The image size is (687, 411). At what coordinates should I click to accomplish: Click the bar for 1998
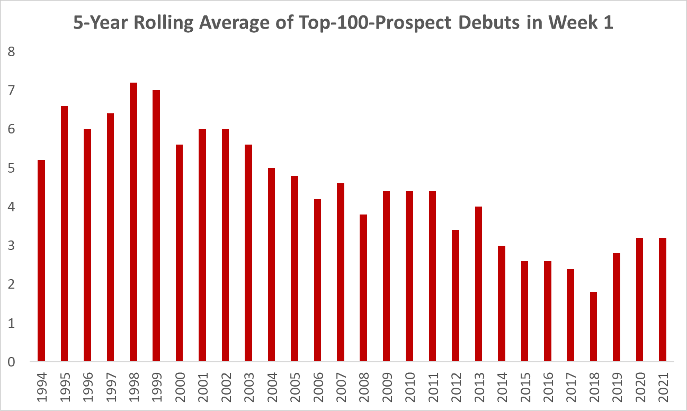[133, 222]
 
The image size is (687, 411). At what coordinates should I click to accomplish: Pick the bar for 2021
[662, 300]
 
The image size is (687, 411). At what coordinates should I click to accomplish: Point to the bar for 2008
[363, 288]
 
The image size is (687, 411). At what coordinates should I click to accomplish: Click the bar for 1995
[65, 234]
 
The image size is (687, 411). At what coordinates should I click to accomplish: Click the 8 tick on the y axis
[11, 52]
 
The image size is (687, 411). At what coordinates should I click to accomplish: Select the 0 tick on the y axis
[11, 362]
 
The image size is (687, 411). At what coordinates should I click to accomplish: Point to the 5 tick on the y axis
[11, 168]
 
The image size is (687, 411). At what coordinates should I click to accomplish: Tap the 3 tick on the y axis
[11, 246]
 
